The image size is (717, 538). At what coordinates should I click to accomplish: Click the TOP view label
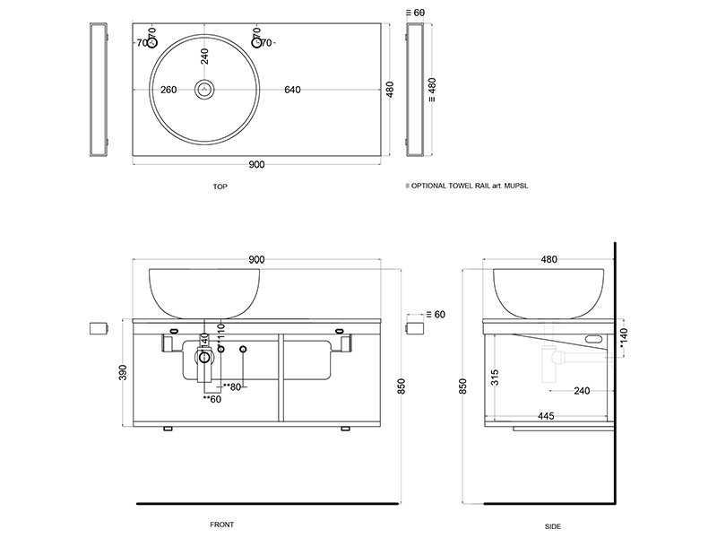click(x=220, y=187)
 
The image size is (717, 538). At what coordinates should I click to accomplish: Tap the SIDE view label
click(x=553, y=525)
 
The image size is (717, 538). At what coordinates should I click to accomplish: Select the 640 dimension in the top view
click(x=293, y=90)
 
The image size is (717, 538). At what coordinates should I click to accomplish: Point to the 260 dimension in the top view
click(x=168, y=90)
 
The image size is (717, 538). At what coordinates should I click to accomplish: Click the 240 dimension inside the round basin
click(x=205, y=56)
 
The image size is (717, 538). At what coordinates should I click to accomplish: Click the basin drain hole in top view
click(x=206, y=90)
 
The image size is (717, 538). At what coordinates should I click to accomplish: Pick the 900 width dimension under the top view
click(x=256, y=164)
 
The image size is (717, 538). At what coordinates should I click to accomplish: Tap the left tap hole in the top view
click(x=152, y=42)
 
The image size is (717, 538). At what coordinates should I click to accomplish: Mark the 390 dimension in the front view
click(x=124, y=373)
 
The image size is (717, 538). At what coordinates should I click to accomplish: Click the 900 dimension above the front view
click(x=256, y=259)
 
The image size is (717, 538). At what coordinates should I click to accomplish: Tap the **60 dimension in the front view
click(x=211, y=399)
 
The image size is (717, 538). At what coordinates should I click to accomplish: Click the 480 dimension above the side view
click(x=549, y=259)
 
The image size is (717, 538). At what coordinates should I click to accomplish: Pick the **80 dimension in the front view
click(x=232, y=387)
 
